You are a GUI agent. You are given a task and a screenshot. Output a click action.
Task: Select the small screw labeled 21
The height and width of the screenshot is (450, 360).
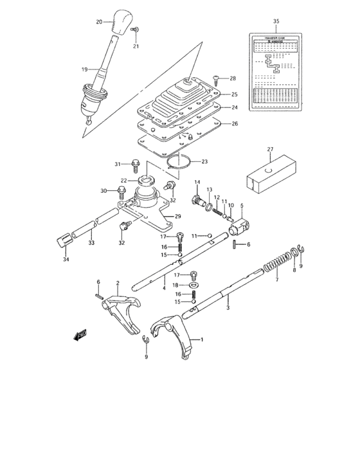click(x=136, y=30)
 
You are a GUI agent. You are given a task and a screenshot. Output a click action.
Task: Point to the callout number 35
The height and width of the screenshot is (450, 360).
click(x=276, y=22)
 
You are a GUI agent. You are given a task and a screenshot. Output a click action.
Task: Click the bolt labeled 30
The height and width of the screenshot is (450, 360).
click(x=122, y=190)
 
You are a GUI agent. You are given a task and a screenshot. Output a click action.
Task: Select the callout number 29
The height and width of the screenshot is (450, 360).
click(x=178, y=216)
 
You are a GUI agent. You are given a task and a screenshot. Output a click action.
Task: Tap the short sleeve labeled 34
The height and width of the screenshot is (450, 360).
click(x=63, y=240)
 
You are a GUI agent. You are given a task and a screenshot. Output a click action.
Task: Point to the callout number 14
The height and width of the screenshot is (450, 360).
click(x=197, y=182)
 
